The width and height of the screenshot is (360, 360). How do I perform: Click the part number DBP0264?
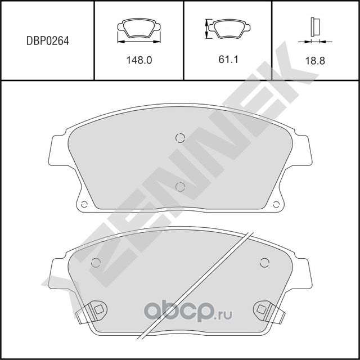[x=48, y=40]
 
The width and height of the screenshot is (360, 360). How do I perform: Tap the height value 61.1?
[x=229, y=59]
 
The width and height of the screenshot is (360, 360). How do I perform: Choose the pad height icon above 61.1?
[x=227, y=28]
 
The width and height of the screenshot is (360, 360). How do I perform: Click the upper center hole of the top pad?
[x=180, y=138]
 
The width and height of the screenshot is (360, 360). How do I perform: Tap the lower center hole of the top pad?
[x=180, y=187]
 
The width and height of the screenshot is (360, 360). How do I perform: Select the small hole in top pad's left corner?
[x=84, y=205]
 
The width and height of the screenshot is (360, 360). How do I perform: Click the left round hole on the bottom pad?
[x=95, y=262]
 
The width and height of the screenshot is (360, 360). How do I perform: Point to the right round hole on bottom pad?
[x=264, y=262]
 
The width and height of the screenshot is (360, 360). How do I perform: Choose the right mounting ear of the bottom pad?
[x=301, y=273]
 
